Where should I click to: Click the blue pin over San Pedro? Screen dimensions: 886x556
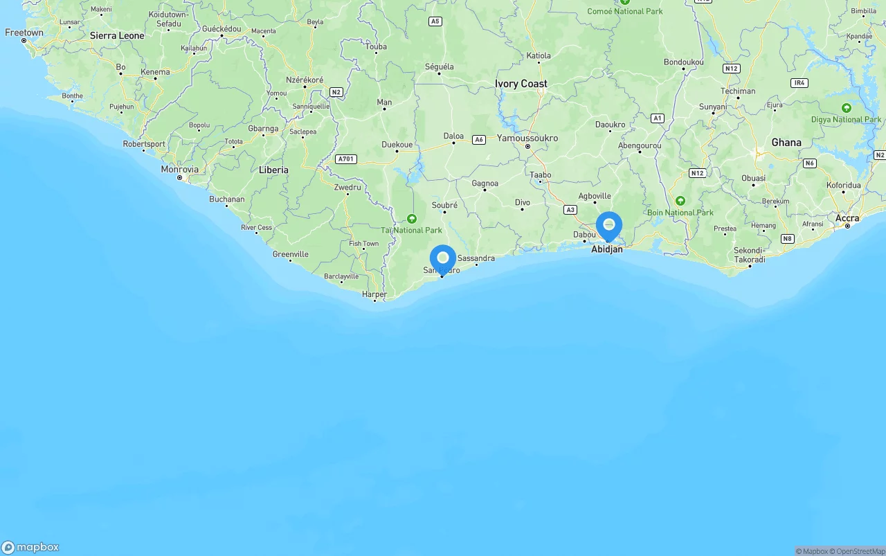(443, 259)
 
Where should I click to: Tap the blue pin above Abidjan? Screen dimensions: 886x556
(609, 225)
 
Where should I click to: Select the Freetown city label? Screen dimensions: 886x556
(24, 33)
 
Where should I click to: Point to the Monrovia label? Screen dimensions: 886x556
(180, 170)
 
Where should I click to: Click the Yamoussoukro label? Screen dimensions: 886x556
(527, 138)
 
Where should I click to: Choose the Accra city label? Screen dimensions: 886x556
(847, 218)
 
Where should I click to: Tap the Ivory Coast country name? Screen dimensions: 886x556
(521, 84)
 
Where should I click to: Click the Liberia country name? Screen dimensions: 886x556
(273, 170)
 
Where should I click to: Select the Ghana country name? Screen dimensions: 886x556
(786, 143)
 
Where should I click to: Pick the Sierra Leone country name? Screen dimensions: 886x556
(117, 35)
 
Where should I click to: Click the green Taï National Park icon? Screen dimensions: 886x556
(412, 219)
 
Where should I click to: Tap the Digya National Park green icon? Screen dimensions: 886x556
(846, 108)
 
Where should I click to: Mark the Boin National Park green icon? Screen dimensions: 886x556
(680, 201)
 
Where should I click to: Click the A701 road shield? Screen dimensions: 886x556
(345, 159)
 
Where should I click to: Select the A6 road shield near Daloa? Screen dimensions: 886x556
(478, 140)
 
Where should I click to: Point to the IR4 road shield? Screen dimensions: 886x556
(799, 83)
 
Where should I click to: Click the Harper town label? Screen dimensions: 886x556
(374, 294)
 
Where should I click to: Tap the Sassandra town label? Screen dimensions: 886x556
(476, 258)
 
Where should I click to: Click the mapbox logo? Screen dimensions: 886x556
(30, 547)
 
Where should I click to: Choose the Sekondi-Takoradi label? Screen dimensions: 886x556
(749, 255)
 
